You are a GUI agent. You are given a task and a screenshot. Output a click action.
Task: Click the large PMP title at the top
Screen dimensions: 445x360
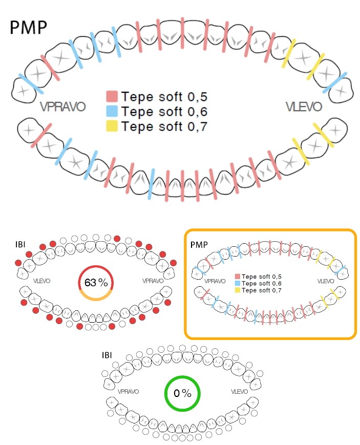[29, 27]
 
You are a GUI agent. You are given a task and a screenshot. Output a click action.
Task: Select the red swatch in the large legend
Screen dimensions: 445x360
[112, 96]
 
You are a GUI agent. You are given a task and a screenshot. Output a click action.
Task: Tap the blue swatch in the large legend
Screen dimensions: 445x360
[112, 111]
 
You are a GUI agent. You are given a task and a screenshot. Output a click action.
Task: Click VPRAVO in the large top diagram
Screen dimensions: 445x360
[62, 107]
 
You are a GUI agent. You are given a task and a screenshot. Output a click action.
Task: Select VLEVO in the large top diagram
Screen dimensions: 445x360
[304, 107]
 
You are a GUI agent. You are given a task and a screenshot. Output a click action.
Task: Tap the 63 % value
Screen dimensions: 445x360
[95, 282]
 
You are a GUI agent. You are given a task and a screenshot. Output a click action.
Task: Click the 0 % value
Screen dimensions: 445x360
[182, 394]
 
